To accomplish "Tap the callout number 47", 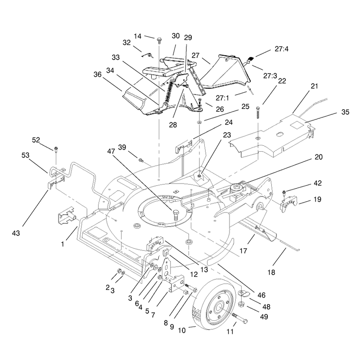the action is pos(111,151).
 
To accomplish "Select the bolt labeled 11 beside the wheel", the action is pos(239,318).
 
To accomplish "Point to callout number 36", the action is pos(98,74).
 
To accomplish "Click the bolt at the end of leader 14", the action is pos(159,40).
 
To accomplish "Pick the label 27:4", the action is pos(282,49).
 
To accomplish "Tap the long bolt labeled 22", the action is pos(258,112).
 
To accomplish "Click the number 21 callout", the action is pos(314,86).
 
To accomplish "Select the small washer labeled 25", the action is pos(199,121).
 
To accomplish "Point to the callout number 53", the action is pos(26,155).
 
